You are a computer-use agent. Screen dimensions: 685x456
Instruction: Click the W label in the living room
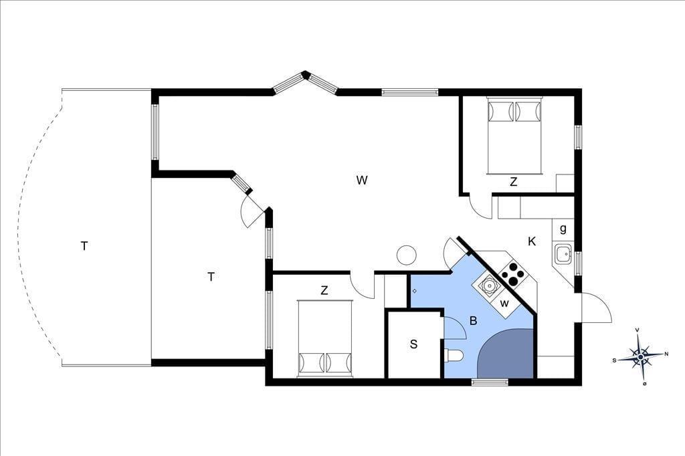click(x=362, y=180)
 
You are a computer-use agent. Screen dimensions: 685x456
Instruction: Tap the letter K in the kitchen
click(x=532, y=241)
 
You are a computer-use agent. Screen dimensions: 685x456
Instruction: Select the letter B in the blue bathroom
click(x=473, y=321)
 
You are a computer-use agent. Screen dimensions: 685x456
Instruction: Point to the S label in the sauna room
click(x=413, y=344)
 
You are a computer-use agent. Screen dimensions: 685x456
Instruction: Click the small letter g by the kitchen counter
click(x=563, y=229)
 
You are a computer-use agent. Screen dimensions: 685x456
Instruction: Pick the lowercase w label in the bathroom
click(x=504, y=303)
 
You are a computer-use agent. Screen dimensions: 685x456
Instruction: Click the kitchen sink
click(x=563, y=254)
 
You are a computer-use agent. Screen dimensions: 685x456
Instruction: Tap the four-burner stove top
click(x=512, y=274)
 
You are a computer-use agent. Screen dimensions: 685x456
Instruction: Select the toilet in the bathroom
click(x=453, y=356)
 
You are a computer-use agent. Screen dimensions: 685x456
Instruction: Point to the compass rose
click(x=640, y=357)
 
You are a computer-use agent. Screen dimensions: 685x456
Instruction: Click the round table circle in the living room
click(x=406, y=255)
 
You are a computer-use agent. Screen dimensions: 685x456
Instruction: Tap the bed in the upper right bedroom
click(x=514, y=136)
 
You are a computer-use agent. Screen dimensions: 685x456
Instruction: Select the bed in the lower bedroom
click(x=324, y=338)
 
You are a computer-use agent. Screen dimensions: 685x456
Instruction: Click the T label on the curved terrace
click(x=84, y=246)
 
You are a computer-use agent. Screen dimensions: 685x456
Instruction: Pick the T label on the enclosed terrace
click(x=211, y=277)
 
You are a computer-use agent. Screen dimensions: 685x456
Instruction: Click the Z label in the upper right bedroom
click(x=513, y=182)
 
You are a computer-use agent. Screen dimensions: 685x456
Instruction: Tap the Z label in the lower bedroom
click(x=324, y=290)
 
